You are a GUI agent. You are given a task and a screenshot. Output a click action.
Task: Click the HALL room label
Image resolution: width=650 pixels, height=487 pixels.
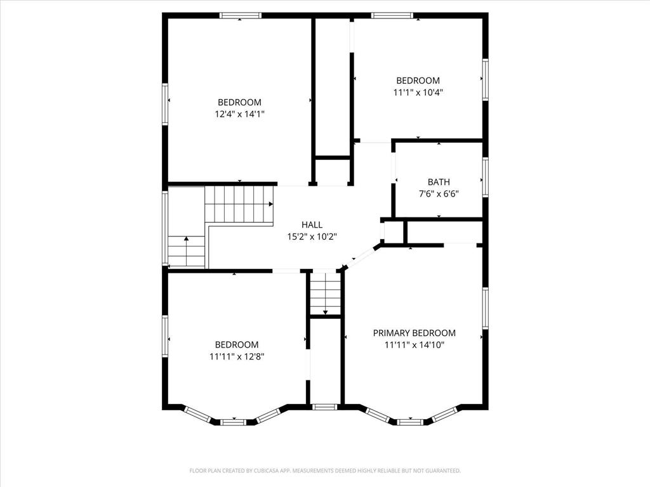click(x=312, y=225)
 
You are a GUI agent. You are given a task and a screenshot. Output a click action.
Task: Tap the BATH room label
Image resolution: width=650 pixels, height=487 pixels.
click(x=439, y=182)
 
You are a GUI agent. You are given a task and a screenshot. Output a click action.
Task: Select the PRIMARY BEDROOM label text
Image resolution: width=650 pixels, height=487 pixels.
click(x=414, y=333)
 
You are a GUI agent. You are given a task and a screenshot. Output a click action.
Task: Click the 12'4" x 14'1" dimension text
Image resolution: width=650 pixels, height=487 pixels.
click(x=239, y=114)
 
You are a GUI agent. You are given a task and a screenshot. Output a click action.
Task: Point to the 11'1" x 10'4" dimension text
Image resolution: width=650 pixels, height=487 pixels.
click(x=418, y=93)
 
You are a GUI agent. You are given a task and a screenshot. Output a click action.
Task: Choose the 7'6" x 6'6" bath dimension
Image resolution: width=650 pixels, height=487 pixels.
click(x=439, y=193)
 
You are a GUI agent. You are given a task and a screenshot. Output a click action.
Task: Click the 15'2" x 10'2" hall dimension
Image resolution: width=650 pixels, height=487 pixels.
click(x=312, y=237)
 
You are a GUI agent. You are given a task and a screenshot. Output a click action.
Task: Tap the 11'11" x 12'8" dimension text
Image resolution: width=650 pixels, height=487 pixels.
click(x=237, y=356)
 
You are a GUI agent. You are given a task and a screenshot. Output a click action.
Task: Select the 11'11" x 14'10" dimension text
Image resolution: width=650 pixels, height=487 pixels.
click(x=414, y=344)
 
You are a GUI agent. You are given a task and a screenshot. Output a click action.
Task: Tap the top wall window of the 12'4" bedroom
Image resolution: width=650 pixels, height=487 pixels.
click(x=241, y=16)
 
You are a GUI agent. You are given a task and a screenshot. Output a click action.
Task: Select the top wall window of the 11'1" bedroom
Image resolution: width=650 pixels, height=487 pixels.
click(x=392, y=16)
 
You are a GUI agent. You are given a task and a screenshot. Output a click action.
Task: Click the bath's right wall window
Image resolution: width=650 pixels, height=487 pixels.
click(x=486, y=176)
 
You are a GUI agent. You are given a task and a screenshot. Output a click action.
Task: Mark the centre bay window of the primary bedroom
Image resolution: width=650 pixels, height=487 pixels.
click(x=410, y=422)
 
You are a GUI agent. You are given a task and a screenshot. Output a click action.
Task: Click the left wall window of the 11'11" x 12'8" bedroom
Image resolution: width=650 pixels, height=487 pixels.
click(x=165, y=336)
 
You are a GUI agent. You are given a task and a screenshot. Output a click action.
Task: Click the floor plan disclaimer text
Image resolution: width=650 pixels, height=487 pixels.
click(x=325, y=471)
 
